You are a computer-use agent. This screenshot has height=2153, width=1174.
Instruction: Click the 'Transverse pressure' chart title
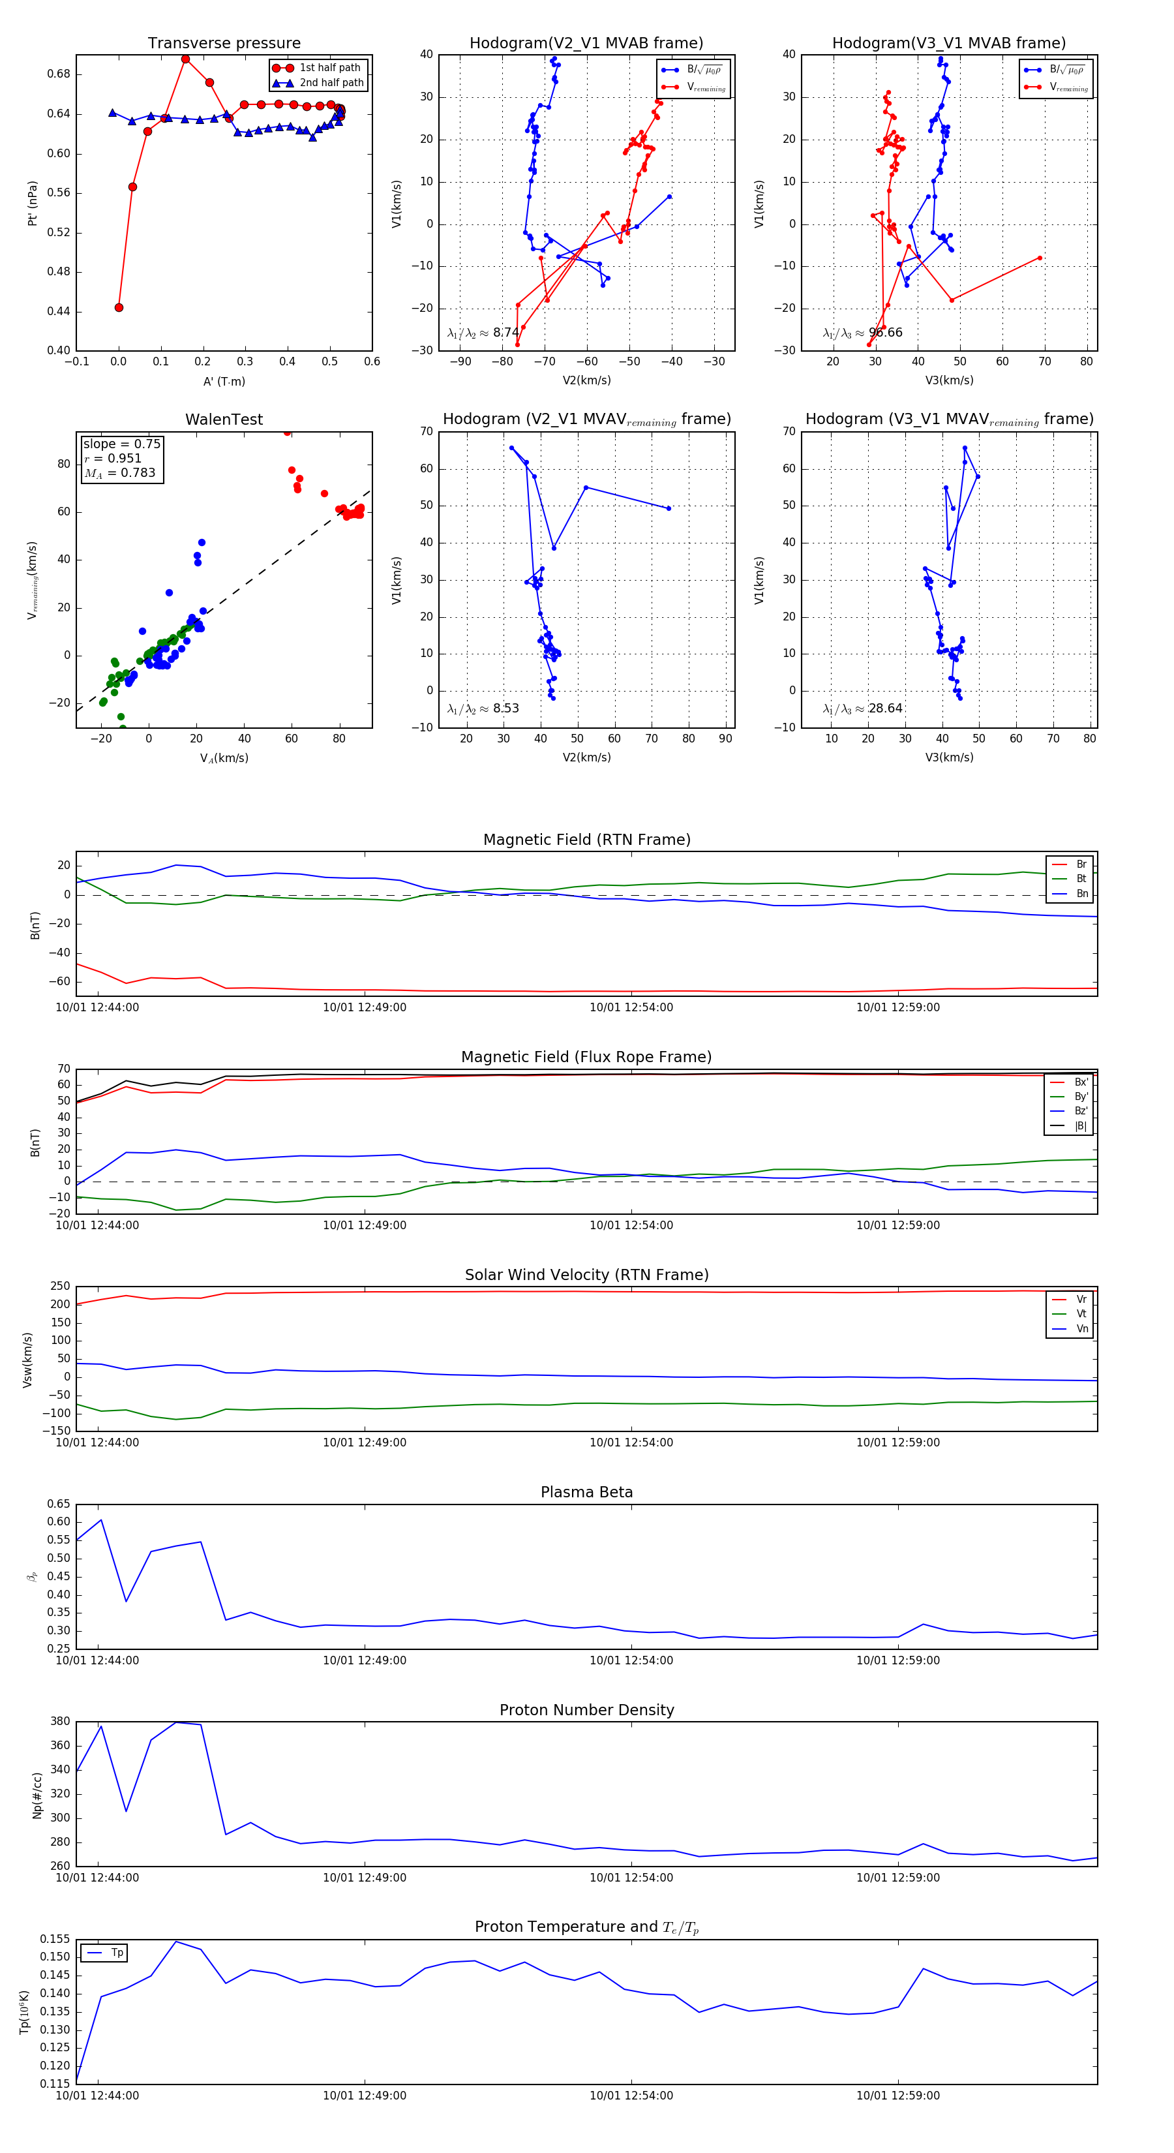[x=224, y=44]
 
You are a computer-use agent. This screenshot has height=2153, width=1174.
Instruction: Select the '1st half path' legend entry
[x=329, y=68]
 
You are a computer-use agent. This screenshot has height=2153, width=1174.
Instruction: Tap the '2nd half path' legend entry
[x=331, y=83]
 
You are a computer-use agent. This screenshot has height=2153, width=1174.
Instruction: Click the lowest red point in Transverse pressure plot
[x=119, y=307]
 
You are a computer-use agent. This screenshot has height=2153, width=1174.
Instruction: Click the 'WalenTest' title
[x=224, y=420]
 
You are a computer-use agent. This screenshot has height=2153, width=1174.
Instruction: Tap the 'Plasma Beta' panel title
[x=586, y=1493]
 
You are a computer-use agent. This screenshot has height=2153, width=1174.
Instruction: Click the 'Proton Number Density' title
[x=586, y=1710]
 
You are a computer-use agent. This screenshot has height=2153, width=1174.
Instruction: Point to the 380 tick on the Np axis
[x=60, y=1722]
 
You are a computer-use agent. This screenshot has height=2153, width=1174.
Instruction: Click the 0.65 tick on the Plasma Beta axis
[x=59, y=1504]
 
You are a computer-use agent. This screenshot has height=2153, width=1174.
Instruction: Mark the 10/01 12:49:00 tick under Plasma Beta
[x=365, y=1660]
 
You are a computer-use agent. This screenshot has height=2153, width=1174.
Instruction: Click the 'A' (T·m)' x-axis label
[x=224, y=382]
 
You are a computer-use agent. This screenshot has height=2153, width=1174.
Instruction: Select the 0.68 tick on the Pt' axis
[x=59, y=74]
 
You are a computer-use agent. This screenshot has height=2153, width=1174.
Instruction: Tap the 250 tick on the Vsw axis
[x=60, y=1287]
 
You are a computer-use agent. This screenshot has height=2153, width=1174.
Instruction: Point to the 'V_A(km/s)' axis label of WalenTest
[x=224, y=758]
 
